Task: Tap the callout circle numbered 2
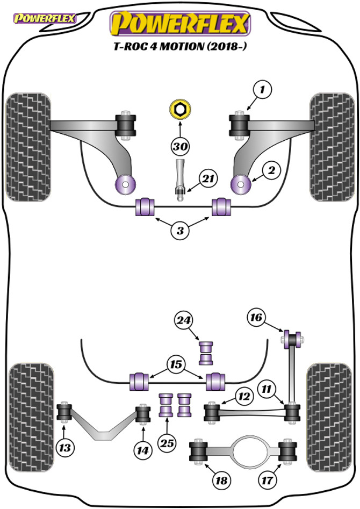pyautogui.click(x=271, y=170)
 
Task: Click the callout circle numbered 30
pyautogui.click(x=181, y=146)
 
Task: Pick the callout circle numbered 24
pyautogui.click(x=183, y=321)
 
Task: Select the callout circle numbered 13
pyautogui.click(x=66, y=447)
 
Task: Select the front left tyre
pyautogui.click(x=28, y=147)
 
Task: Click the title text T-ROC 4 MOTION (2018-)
pyautogui.click(x=181, y=46)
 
